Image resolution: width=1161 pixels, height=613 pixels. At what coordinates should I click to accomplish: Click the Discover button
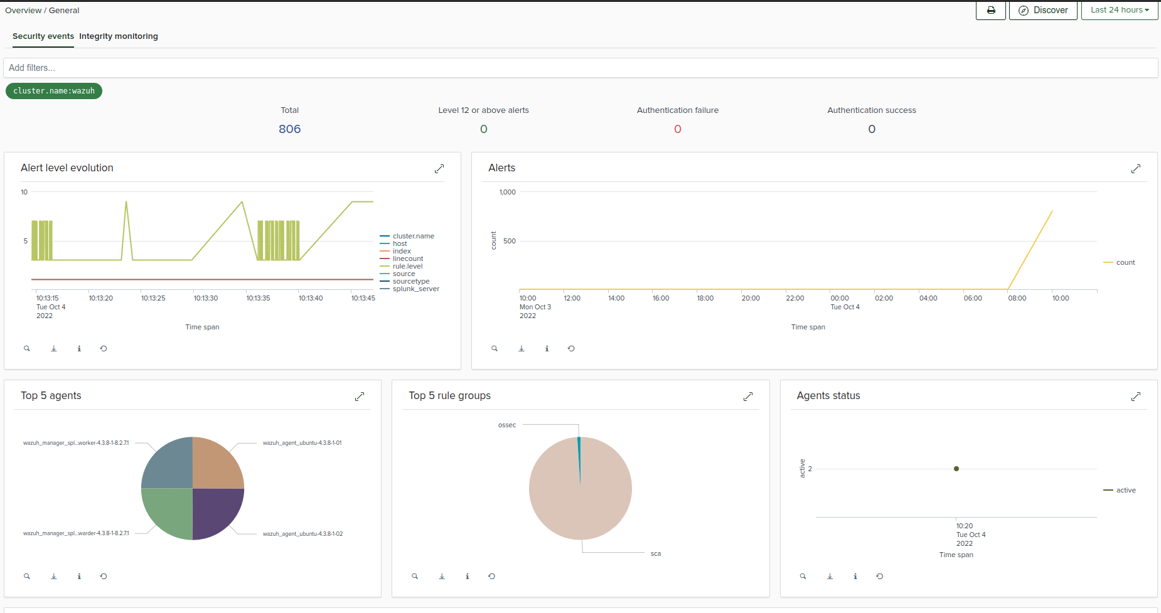(x=1043, y=10)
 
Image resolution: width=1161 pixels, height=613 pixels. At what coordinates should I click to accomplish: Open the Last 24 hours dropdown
(x=1119, y=10)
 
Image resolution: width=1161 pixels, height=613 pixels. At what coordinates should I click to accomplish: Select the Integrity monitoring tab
(x=119, y=36)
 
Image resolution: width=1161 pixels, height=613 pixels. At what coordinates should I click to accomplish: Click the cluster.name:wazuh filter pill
(x=54, y=91)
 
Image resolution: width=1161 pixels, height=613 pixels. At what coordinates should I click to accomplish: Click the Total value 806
(x=289, y=129)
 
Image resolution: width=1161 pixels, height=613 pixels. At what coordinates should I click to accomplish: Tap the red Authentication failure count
(x=677, y=129)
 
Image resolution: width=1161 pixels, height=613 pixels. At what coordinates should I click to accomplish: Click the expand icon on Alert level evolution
(x=439, y=169)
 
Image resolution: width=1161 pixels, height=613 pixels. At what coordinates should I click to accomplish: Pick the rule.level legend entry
(x=407, y=266)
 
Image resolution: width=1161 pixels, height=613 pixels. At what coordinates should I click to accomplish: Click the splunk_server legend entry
(x=415, y=289)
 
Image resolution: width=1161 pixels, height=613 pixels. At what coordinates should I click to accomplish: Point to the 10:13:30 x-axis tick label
(x=206, y=298)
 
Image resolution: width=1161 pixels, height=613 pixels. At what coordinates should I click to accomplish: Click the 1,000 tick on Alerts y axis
(x=507, y=192)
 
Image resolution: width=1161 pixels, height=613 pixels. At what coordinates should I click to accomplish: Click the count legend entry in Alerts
(x=1125, y=262)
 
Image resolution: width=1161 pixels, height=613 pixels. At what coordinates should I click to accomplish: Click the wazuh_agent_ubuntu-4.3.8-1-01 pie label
(x=302, y=443)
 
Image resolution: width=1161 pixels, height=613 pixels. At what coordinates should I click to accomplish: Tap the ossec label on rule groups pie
(x=507, y=425)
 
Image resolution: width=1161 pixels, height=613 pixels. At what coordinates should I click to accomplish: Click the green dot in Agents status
(x=956, y=469)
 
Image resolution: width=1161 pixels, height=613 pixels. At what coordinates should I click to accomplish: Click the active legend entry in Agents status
(x=1125, y=490)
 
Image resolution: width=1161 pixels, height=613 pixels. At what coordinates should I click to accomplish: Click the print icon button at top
(x=991, y=10)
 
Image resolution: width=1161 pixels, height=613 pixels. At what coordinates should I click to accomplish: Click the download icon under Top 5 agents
(x=54, y=576)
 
